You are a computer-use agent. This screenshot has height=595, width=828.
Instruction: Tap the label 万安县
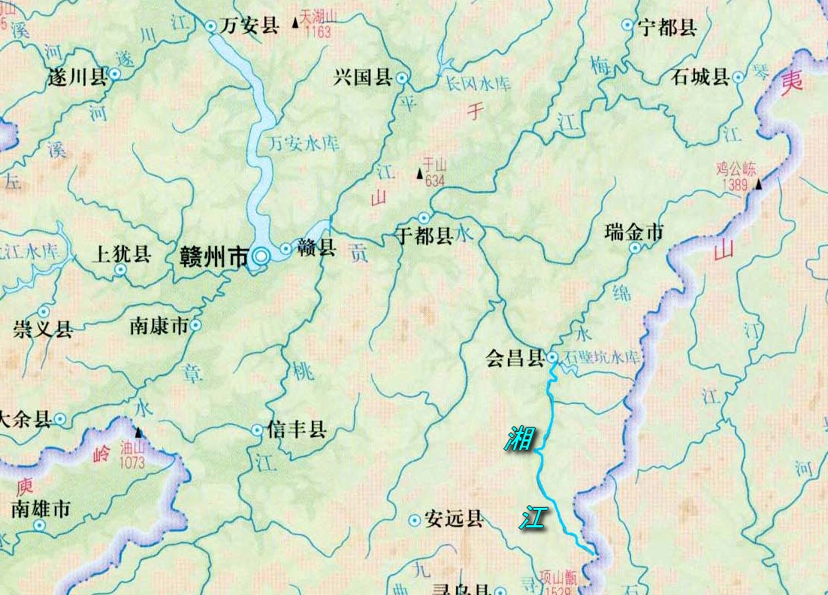tap(249, 26)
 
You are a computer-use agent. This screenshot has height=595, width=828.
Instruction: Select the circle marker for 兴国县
tap(403, 77)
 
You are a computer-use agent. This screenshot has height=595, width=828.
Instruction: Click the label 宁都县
tap(667, 29)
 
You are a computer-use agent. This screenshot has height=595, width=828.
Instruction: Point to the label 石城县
tap(700, 77)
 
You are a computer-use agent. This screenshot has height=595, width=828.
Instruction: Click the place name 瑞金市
tap(633, 232)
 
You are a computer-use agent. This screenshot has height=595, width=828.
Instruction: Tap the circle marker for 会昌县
tap(552, 357)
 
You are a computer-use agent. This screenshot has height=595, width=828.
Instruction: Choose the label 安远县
tap(453, 519)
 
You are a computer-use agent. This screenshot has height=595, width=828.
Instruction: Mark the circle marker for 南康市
tap(195, 326)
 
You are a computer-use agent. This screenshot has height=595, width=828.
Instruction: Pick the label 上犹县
tap(121, 254)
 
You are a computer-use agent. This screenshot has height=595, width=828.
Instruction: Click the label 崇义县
tap(43, 329)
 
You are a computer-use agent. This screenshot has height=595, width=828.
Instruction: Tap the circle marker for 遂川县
tap(114, 74)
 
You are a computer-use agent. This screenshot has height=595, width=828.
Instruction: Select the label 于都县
tap(424, 236)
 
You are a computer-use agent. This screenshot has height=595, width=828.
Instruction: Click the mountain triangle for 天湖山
tap(295, 24)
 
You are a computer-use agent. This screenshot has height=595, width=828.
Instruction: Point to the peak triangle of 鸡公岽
tap(759, 184)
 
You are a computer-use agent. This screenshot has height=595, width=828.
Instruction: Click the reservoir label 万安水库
tap(304, 143)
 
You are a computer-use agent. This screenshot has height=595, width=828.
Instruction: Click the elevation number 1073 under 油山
tap(131, 463)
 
